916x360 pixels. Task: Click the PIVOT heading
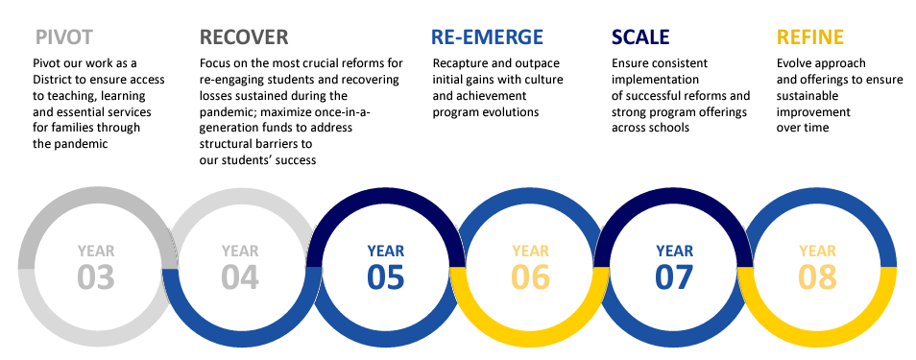point(64,37)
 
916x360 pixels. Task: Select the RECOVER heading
point(244,37)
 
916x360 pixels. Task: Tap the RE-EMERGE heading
point(487,37)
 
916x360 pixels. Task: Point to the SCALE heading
point(640,37)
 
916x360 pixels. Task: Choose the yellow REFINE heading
point(810,37)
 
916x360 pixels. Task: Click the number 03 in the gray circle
point(96,276)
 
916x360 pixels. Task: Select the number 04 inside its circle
point(240,276)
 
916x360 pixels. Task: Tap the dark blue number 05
point(385,276)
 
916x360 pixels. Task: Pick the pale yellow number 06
point(530,276)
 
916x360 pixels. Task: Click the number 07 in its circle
point(674,276)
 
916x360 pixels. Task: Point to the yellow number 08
point(818,276)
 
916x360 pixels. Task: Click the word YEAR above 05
point(385,252)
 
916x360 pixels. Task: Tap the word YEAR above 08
point(818,252)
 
